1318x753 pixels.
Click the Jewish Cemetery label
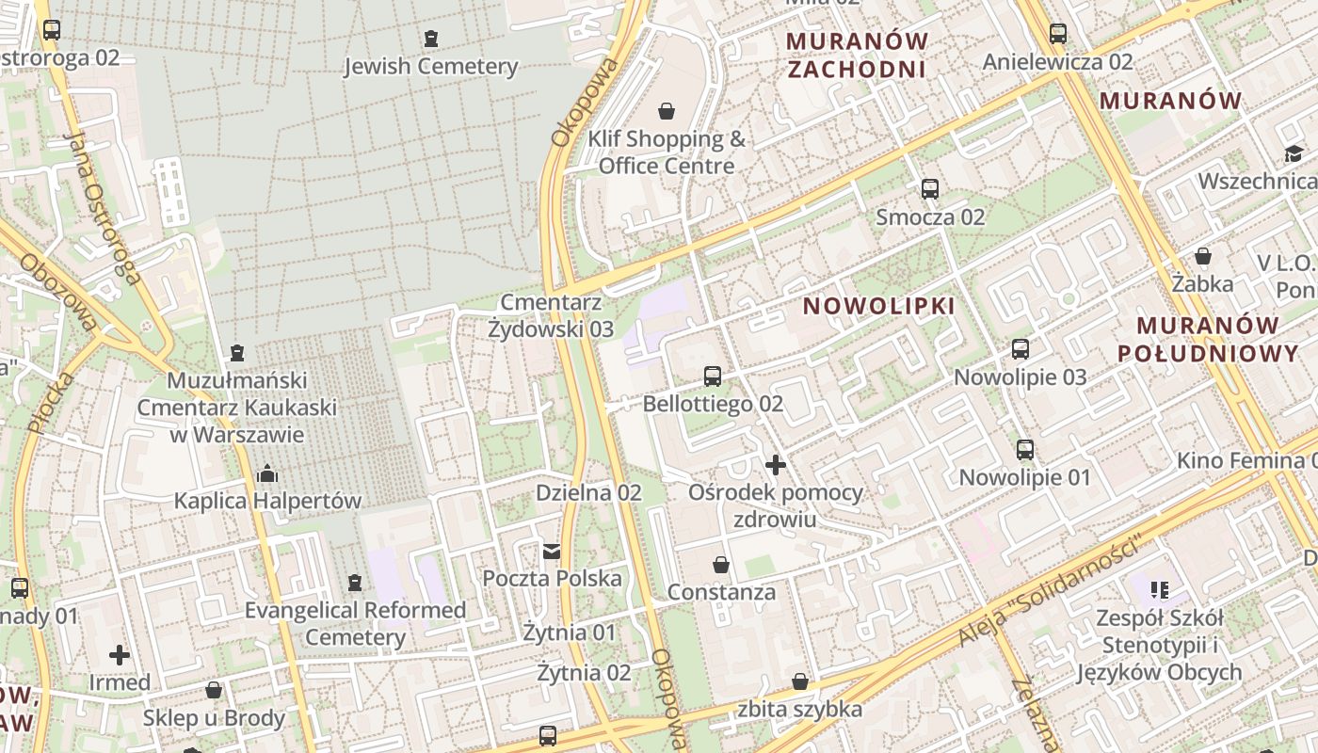pos(430,66)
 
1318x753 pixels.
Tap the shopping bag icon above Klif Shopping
pos(667,111)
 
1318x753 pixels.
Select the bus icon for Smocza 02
pos(930,188)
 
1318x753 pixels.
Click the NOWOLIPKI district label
pos(879,306)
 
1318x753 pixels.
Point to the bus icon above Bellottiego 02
pos(713,376)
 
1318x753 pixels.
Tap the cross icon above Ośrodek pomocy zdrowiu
pos(776,465)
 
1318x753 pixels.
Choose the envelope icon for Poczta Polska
pos(552,551)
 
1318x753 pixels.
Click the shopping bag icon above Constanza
pos(721,565)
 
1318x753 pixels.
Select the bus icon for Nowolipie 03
pos(1021,350)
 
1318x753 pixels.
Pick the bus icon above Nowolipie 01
pos(1025,450)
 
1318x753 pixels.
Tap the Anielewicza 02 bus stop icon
pos(1058,34)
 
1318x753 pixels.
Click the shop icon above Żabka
pos(1203,256)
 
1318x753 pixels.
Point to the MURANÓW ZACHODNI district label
pos(857,55)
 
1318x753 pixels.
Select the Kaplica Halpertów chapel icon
pos(267,473)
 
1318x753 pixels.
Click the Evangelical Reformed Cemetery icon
pos(355,584)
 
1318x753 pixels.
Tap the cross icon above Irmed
pos(120,654)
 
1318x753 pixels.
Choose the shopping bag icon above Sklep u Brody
pos(214,690)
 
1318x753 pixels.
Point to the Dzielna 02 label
pos(588,492)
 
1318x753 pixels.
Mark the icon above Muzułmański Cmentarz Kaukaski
pos(237,353)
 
